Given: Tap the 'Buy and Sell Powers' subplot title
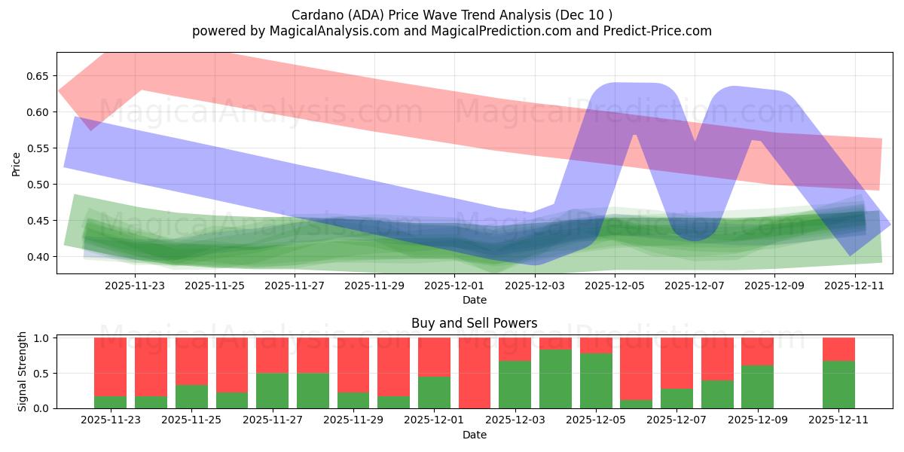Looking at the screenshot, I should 474,323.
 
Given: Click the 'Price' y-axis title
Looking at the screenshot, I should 16,163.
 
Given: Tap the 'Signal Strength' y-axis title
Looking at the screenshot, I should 23,371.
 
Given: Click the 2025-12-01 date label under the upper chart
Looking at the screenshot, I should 454,286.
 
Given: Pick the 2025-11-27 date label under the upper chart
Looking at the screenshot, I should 295,286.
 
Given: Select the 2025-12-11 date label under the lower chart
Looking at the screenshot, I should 838,420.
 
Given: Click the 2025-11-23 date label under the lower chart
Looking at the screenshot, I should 111,420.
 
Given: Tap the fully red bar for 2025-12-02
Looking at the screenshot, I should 475,373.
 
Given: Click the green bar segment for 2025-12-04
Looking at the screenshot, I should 555,379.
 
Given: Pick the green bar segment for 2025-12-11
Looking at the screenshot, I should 838,385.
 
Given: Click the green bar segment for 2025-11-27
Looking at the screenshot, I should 272,390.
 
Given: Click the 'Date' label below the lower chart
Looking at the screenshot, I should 474,435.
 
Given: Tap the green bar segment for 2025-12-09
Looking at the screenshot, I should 757,386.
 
